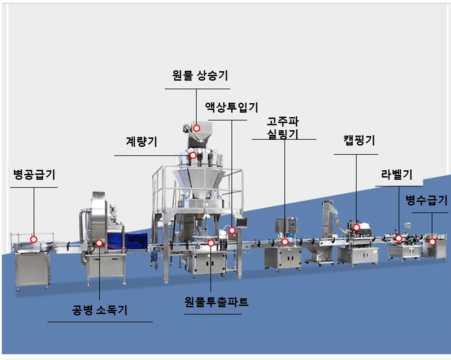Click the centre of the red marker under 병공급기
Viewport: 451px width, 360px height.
click(x=34, y=239)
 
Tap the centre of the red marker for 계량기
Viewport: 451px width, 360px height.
click(x=193, y=155)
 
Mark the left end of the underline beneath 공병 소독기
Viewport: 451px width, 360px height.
click(x=48, y=322)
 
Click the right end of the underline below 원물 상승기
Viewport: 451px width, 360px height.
click(x=230, y=89)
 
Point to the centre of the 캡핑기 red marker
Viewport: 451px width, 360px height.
click(x=356, y=228)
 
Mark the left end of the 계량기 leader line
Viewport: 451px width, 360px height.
click(x=115, y=156)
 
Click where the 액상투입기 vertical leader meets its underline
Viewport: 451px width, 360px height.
click(x=232, y=120)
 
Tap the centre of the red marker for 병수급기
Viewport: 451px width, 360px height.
click(x=432, y=242)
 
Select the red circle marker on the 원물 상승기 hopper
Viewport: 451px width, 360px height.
click(x=197, y=128)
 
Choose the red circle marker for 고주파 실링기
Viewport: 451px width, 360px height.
click(x=285, y=242)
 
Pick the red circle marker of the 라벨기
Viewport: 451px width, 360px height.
click(x=399, y=238)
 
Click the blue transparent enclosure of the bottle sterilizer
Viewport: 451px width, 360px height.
click(x=127, y=241)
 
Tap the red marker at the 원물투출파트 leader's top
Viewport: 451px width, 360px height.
click(x=211, y=243)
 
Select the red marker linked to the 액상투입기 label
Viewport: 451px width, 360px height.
click(x=232, y=230)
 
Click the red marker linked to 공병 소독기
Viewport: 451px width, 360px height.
click(x=99, y=243)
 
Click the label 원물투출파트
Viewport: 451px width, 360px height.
click(x=216, y=302)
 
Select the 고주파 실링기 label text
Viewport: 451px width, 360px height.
click(x=283, y=128)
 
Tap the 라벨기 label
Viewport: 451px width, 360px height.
click(x=396, y=174)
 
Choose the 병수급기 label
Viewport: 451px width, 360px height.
click(x=427, y=200)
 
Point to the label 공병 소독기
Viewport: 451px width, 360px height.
click(x=100, y=310)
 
